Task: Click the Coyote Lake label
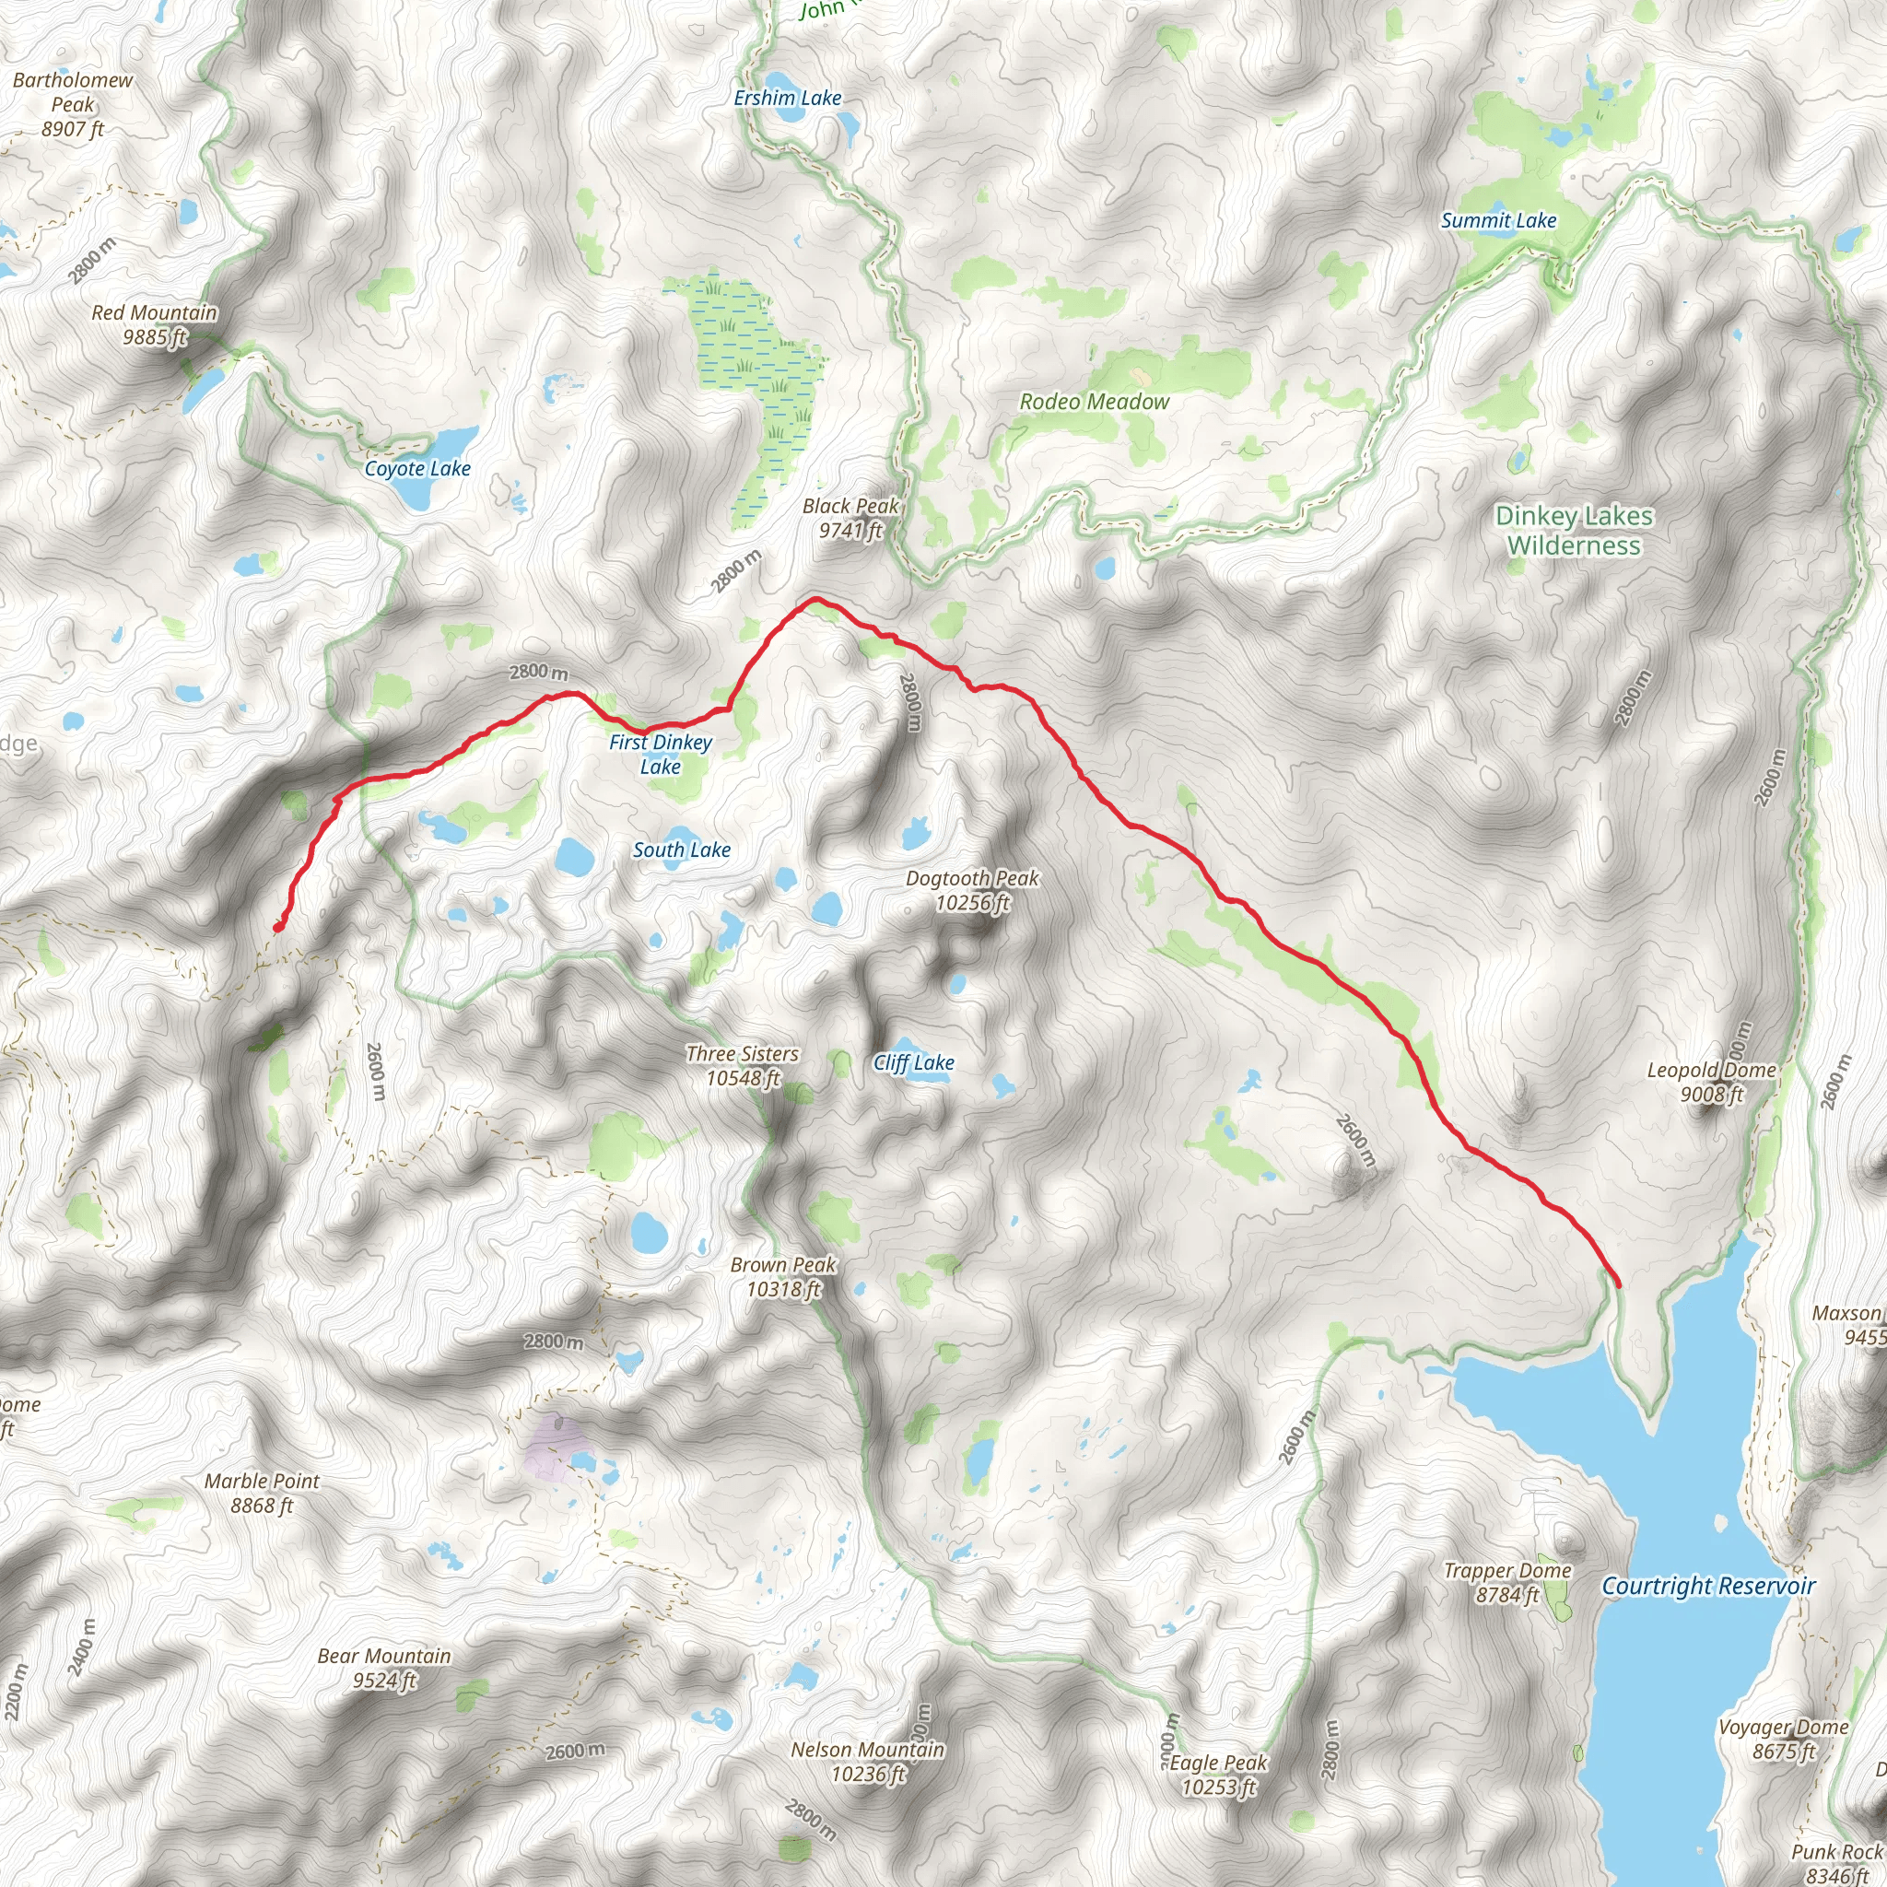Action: click(417, 469)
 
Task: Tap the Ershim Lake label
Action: click(787, 98)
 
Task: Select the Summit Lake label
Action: click(1498, 221)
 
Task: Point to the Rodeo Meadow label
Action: click(1094, 402)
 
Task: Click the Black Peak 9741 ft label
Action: click(850, 518)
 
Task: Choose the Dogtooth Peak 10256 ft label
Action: click(973, 890)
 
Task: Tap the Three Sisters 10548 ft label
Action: click(743, 1066)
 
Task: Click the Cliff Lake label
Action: click(913, 1062)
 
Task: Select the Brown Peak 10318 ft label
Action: click(783, 1276)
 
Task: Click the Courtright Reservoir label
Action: click(1708, 1587)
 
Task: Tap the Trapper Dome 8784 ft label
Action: click(1507, 1582)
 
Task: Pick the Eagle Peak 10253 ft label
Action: click(1218, 1775)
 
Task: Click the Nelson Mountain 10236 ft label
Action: click(867, 1761)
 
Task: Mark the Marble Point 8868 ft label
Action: click(262, 1493)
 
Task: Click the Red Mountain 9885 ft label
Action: click(154, 324)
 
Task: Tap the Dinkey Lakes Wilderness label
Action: click(1575, 531)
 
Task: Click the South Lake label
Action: click(682, 850)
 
